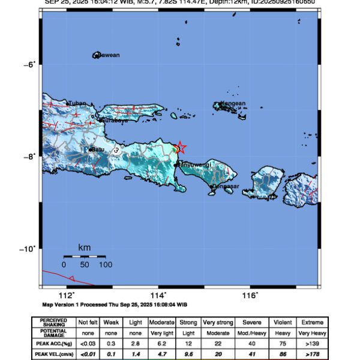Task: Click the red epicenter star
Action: click(x=180, y=148)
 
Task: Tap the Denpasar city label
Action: click(x=227, y=187)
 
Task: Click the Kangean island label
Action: click(x=233, y=103)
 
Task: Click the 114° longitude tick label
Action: click(x=158, y=295)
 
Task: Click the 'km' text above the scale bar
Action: click(x=85, y=247)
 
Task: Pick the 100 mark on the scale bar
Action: click(x=106, y=265)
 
